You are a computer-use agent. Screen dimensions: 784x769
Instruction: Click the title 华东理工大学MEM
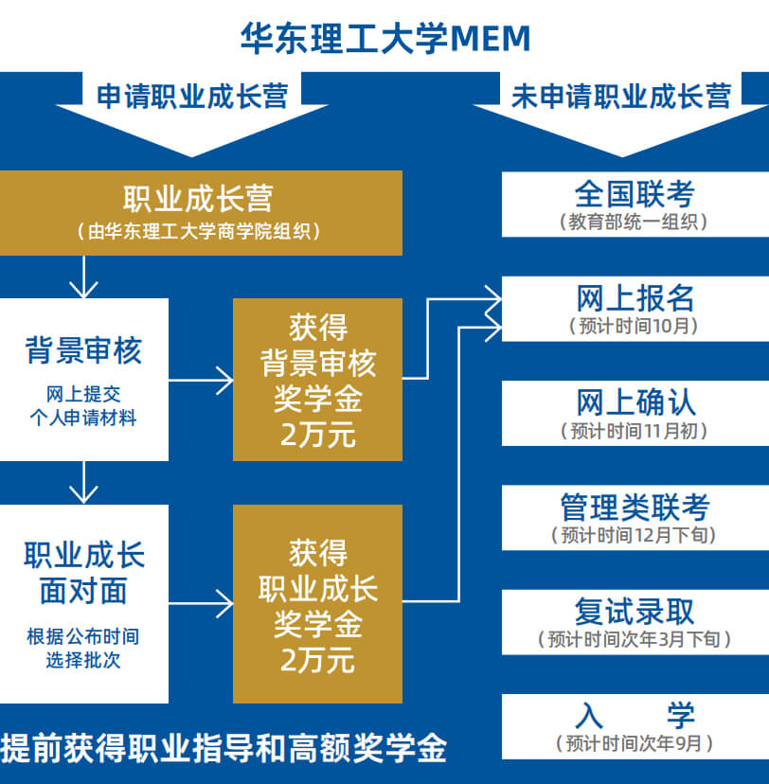click(384, 38)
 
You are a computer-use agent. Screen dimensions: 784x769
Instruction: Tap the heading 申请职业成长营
click(191, 96)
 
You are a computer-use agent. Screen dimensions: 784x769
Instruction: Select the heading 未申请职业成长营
click(620, 96)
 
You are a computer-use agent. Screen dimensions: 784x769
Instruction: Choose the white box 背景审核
click(83, 379)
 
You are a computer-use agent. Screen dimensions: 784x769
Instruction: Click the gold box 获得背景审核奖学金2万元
click(317, 380)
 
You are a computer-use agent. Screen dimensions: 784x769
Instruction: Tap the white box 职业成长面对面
click(83, 603)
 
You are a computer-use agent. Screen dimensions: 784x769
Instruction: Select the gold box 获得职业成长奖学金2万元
click(317, 603)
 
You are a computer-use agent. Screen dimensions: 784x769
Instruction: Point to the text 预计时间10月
click(635, 327)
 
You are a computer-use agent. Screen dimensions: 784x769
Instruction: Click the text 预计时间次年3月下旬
click(635, 640)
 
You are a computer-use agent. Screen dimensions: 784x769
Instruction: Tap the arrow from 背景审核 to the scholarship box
click(201, 380)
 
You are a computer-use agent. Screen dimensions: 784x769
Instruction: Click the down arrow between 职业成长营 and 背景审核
click(84, 276)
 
